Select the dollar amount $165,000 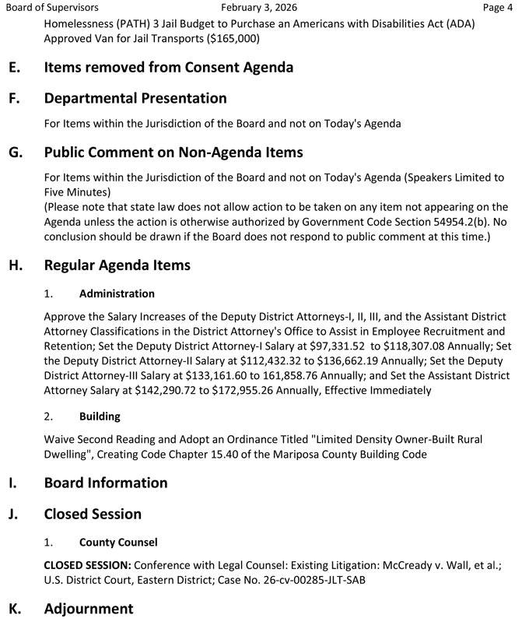(x=230, y=38)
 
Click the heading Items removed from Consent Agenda (x=169, y=68)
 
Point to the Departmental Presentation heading (x=135, y=99)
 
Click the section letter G (x=15, y=153)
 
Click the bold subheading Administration (x=117, y=294)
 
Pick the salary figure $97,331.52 (x=331, y=346)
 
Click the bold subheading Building (x=100, y=416)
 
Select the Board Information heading (x=106, y=483)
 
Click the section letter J (x=13, y=515)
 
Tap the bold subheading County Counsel (x=118, y=543)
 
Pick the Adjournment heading (x=89, y=609)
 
